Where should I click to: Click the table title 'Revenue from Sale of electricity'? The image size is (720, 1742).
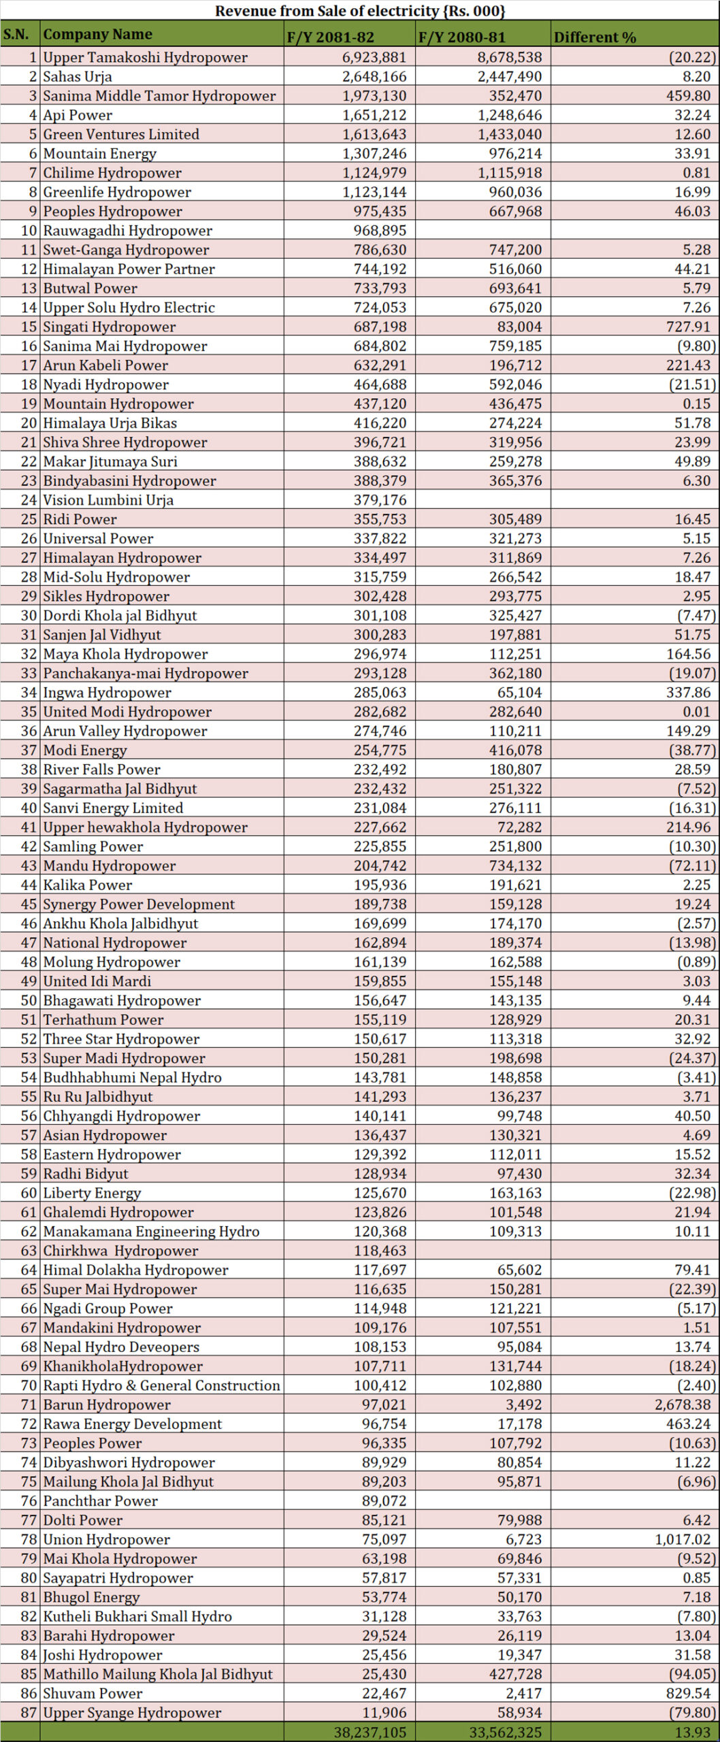click(x=360, y=10)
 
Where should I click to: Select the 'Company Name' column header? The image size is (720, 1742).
click(x=97, y=34)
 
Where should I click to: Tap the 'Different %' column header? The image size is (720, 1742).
click(x=594, y=37)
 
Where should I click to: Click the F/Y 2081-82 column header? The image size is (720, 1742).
click(x=330, y=37)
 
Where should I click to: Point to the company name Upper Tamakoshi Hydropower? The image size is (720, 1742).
click(x=145, y=57)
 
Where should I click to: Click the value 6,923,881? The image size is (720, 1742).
click(x=374, y=57)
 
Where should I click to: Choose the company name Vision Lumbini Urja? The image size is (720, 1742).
click(x=108, y=500)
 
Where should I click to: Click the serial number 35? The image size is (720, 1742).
click(x=29, y=712)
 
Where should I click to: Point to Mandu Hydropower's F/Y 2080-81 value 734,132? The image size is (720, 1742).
click(x=515, y=866)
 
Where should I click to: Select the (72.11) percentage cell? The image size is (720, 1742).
click(x=692, y=866)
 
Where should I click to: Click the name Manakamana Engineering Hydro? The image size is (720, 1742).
click(x=151, y=1231)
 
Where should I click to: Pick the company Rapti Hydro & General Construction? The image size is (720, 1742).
click(x=161, y=1385)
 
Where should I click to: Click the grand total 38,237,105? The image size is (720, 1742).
click(x=370, y=1732)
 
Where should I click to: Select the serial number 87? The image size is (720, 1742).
click(x=29, y=1713)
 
